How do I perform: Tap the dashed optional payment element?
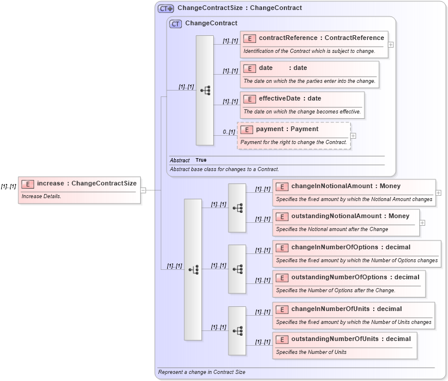click(x=294, y=135)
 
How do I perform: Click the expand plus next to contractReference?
click(x=391, y=44)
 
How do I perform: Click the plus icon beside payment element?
click(x=353, y=135)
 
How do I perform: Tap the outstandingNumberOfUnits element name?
click(x=335, y=339)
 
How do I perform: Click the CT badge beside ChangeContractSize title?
click(x=166, y=8)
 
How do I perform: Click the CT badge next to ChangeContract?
click(x=175, y=24)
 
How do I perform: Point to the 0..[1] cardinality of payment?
click(x=229, y=132)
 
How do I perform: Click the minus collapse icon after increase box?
click(x=143, y=190)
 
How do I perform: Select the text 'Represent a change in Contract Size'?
click(x=201, y=372)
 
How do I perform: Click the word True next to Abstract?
click(x=201, y=160)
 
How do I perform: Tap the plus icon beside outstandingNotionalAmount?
click(x=422, y=223)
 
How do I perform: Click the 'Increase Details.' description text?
click(x=41, y=196)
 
